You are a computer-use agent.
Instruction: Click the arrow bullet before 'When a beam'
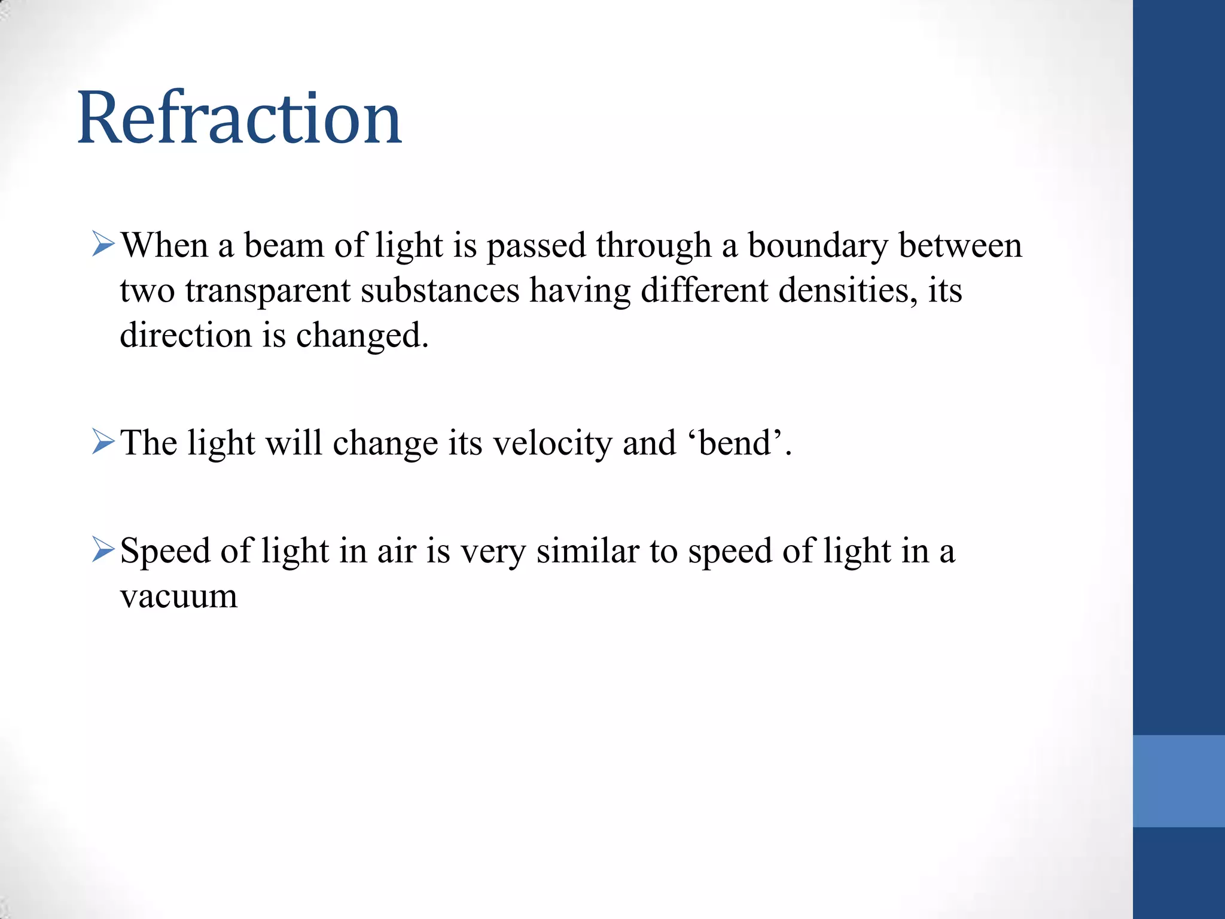(x=103, y=245)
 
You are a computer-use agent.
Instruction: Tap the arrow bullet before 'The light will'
(x=103, y=443)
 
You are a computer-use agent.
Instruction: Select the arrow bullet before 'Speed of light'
(x=103, y=550)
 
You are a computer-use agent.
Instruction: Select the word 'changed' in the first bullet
(x=361, y=335)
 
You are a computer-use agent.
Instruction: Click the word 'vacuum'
(x=179, y=597)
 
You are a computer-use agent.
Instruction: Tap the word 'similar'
(x=588, y=551)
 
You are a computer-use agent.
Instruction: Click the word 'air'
(x=396, y=551)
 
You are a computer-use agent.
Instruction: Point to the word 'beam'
(x=284, y=246)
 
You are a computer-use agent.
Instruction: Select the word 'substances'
(x=440, y=291)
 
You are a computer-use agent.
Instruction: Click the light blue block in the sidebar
(x=1178, y=781)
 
